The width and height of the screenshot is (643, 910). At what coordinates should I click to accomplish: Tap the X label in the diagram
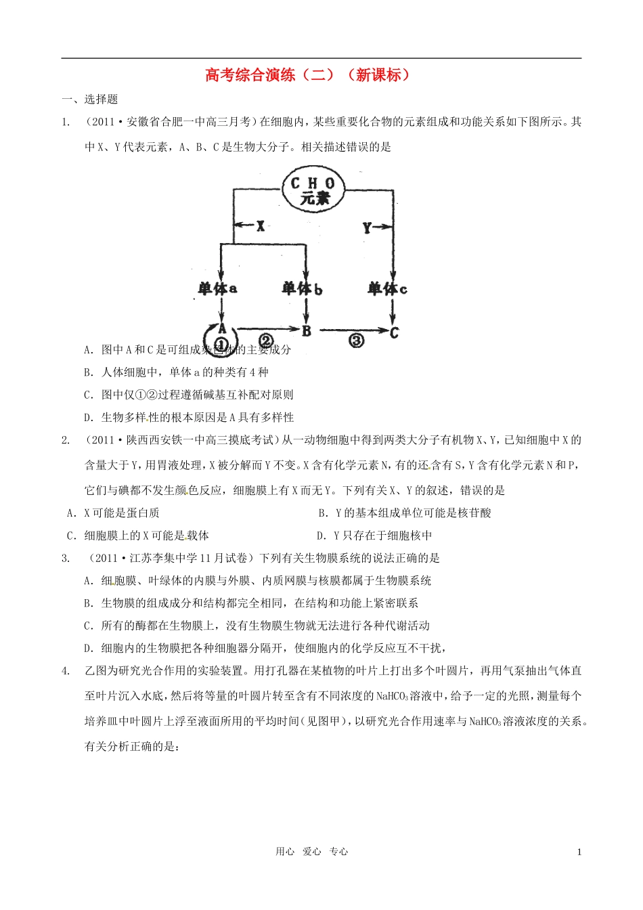pos(261,227)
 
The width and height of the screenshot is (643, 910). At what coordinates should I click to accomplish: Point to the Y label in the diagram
pos(367,227)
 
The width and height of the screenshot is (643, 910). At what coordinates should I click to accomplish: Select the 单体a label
pos(217,289)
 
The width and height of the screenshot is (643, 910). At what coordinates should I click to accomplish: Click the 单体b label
pos(302,289)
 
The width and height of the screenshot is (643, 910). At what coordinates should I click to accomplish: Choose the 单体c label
pos(387,289)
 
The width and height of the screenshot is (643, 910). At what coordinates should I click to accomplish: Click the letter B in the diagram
pos(307,331)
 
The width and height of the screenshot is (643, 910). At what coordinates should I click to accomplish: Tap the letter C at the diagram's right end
pos(394,332)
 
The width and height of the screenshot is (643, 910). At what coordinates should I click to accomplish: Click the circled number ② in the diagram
pos(265,340)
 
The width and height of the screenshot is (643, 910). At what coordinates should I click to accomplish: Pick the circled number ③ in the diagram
pos(356,340)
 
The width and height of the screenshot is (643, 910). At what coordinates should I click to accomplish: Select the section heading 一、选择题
pos(89,100)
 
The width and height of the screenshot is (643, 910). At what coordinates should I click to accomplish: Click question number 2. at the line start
pos(66,440)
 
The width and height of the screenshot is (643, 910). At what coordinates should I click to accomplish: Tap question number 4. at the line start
pos(66,671)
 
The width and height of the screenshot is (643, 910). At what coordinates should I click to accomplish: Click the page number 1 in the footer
pos(579,852)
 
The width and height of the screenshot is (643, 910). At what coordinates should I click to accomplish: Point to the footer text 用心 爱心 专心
pos(312,852)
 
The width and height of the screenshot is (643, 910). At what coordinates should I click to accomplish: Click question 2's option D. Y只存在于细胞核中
pos(374,536)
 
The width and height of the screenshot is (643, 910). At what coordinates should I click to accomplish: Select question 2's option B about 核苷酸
pos(404,513)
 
